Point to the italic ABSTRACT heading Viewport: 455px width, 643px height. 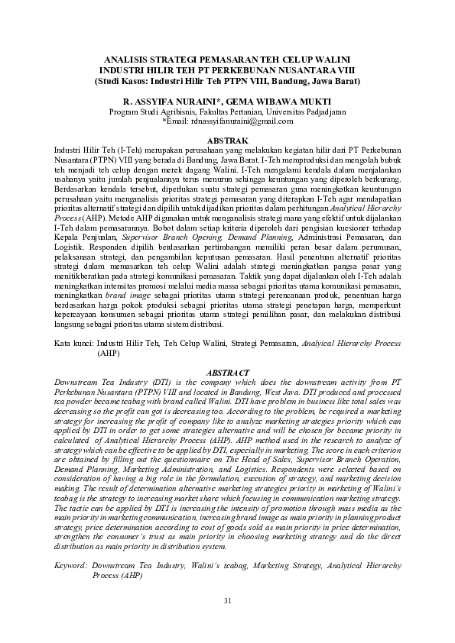point(227,372)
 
